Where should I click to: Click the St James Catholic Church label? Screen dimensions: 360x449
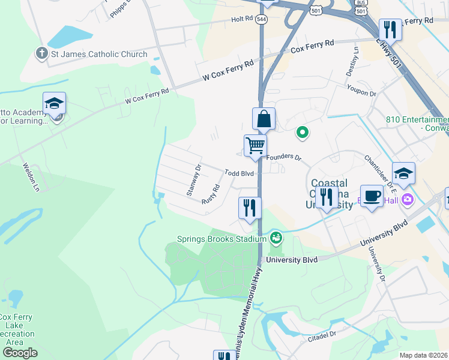tap(99, 54)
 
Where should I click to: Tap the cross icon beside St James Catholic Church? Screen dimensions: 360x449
tap(41, 54)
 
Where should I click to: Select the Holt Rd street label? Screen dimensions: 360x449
tap(242, 19)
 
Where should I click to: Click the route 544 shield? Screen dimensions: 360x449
tap(262, 19)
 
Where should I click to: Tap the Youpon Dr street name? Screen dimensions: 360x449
tap(361, 94)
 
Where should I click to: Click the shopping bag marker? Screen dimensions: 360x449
tap(264, 119)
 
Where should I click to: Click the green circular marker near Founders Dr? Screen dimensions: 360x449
tap(303, 132)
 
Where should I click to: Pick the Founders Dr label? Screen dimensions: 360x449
tap(283, 157)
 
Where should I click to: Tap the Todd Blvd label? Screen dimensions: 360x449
tap(240, 173)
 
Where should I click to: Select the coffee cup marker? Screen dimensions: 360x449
tap(372, 196)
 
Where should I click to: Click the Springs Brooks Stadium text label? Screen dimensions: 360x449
tap(221, 239)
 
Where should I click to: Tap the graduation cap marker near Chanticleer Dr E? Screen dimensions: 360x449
tap(404, 173)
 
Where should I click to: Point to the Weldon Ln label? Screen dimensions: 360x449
tap(31, 178)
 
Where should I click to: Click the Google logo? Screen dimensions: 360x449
tap(20, 352)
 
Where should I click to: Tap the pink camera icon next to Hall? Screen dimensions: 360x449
tap(408, 199)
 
